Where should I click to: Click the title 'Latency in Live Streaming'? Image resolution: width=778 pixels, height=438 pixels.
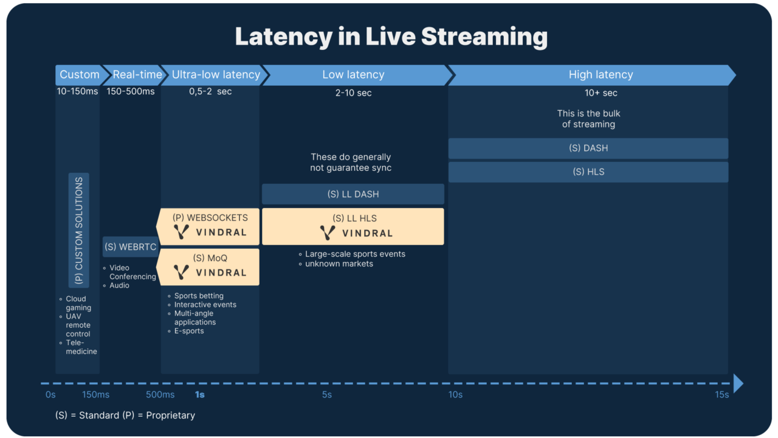[391, 36]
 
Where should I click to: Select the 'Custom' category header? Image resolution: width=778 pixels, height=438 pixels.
[79, 75]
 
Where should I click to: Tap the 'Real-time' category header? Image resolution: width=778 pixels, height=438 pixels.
[137, 75]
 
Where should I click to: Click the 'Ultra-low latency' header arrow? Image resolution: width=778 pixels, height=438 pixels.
[216, 75]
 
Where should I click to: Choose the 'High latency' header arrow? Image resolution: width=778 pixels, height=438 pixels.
[601, 75]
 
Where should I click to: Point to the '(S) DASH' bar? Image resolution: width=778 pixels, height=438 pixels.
[588, 148]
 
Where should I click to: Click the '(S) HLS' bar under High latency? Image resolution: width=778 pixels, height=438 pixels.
[588, 172]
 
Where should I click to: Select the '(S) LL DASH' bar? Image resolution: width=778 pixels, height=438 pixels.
[353, 194]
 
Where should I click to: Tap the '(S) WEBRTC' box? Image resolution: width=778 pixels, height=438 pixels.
[130, 247]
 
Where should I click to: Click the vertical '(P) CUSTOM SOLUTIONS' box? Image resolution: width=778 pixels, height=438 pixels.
[79, 231]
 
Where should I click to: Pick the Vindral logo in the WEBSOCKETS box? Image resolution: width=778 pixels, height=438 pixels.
[210, 232]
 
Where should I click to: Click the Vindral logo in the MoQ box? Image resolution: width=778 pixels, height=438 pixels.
[210, 273]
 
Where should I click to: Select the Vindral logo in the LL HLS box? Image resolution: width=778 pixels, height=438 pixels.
[356, 233]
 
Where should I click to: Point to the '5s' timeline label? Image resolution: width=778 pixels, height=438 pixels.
[327, 395]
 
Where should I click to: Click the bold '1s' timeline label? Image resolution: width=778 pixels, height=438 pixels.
[199, 395]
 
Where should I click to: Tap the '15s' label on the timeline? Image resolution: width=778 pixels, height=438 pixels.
[721, 395]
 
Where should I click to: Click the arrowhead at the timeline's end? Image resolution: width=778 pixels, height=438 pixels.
[738, 383]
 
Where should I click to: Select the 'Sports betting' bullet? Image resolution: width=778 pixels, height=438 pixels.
[199, 296]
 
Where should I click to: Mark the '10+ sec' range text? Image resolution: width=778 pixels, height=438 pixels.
[601, 93]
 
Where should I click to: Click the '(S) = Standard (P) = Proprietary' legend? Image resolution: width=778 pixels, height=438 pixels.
[125, 415]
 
